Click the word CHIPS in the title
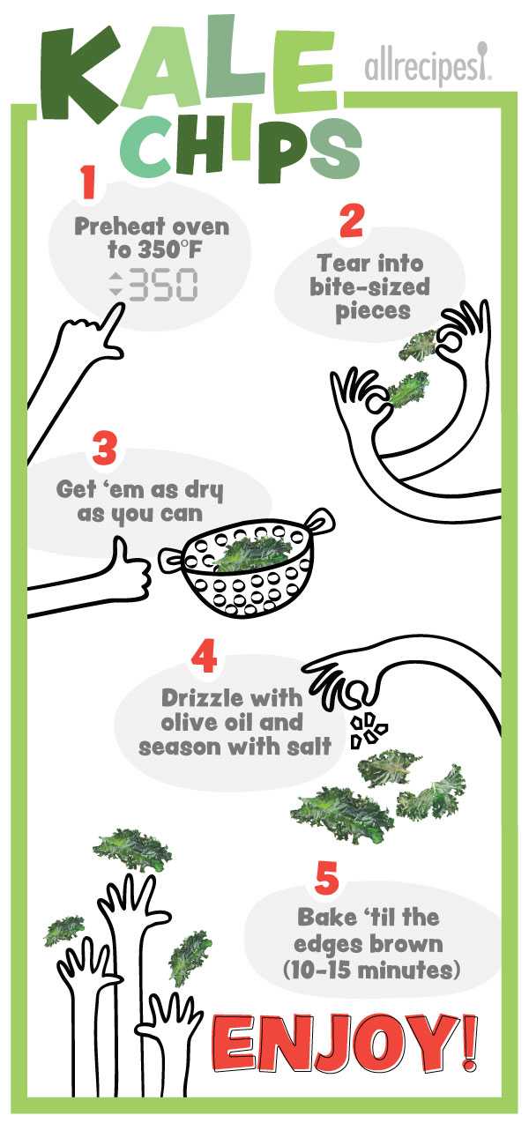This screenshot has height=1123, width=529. click(x=242, y=148)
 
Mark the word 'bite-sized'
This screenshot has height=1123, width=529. click(x=370, y=288)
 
